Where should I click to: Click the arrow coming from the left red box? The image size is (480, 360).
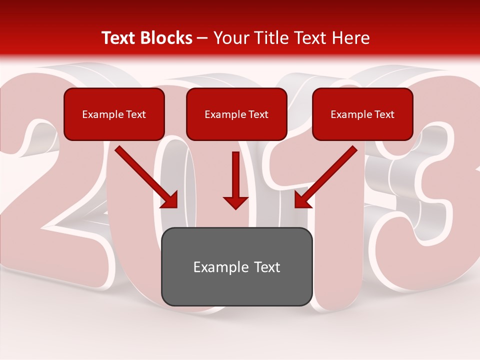pos(146,176)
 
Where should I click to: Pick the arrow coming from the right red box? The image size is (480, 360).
pos(326,176)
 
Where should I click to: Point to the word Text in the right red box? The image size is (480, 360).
pos(384,114)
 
